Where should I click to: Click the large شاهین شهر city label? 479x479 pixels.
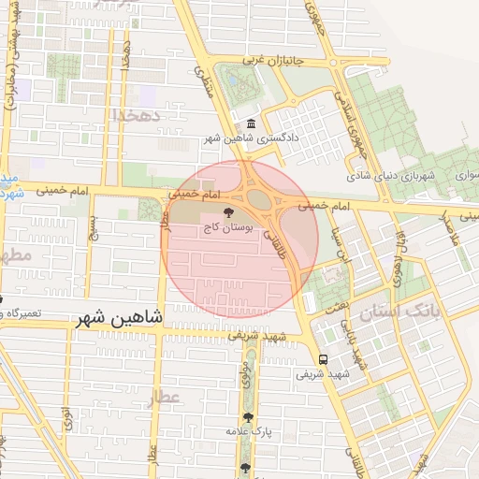tap(119, 317)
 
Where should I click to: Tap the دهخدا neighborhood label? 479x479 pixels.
tap(138, 114)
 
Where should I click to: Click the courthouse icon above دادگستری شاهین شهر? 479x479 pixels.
tap(251, 125)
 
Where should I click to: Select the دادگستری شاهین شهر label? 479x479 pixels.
tap(252, 139)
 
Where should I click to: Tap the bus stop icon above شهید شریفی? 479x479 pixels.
tap(323, 359)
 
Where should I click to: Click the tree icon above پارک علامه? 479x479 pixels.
tap(248, 417)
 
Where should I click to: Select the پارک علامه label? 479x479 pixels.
tap(248, 431)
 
